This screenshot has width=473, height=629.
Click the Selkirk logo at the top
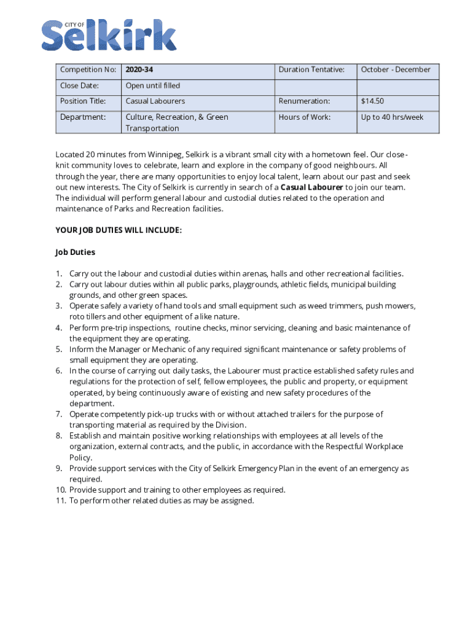pyautogui.click(x=109, y=35)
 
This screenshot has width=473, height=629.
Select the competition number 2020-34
pyautogui.click(x=139, y=70)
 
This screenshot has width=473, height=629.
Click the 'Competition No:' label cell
pyautogui.click(x=88, y=70)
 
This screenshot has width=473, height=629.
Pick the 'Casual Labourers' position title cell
pyautogui.click(x=155, y=101)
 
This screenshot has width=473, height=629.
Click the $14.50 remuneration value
pyautogui.click(x=373, y=101)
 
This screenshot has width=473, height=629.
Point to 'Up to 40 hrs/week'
pyautogui.click(x=392, y=117)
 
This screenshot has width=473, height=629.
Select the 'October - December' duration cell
pyautogui.click(x=396, y=70)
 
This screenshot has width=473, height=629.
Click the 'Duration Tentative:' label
pyautogui.click(x=311, y=70)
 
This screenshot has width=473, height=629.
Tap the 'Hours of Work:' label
pyautogui.click(x=304, y=117)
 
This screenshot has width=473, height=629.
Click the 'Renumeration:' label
pyautogui.click(x=304, y=101)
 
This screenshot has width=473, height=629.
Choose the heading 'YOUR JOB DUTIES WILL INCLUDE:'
pyautogui.click(x=119, y=230)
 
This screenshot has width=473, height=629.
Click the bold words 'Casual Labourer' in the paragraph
pyautogui.click(x=311, y=187)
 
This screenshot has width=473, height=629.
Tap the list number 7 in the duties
pyautogui.click(x=59, y=415)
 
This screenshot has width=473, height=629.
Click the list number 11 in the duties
pyautogui.click(x=61, y=501)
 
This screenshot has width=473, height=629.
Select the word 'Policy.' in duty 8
pyautogui.click(x=81, y=458)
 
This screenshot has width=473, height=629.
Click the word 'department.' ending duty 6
pyautogui.click(x=92, y=404)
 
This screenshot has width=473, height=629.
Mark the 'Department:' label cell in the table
pyautogui.click(x=83, y=117)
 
